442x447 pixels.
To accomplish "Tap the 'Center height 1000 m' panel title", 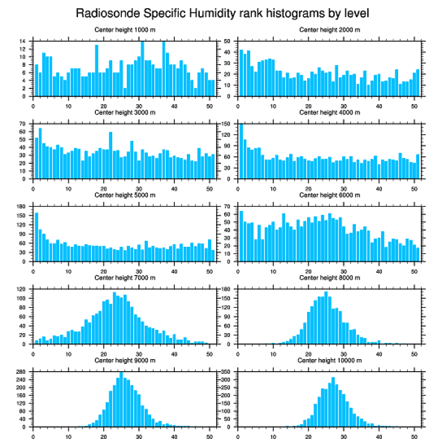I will coord(125,29).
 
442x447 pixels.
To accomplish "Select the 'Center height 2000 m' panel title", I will coord(330,29).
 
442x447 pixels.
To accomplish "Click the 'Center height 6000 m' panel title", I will coord(330,195).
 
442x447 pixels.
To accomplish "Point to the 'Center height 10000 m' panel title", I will coord(330,360).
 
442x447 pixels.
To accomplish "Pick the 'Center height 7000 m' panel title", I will coord(125,278).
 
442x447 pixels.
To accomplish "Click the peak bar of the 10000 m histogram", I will coord(333,402).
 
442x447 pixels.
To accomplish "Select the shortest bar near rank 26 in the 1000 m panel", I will coord(125,92).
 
